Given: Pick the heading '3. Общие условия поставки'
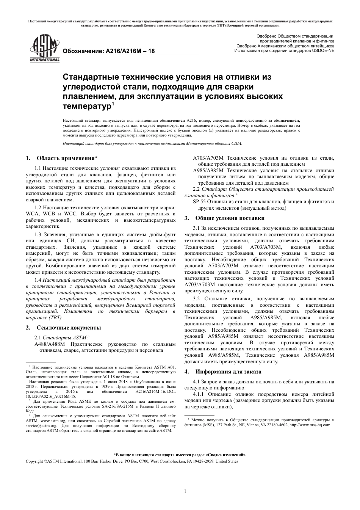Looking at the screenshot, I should [x=225, y=218].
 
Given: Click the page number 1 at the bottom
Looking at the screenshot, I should [x=185, y=491].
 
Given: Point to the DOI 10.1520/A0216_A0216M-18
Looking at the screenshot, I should [x=51, y=396].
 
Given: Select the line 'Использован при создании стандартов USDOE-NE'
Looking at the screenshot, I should [x=284, y=50].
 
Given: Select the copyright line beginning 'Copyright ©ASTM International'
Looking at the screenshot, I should [x=131, y=461].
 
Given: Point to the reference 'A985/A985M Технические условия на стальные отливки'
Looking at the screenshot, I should [x=264, y=171].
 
